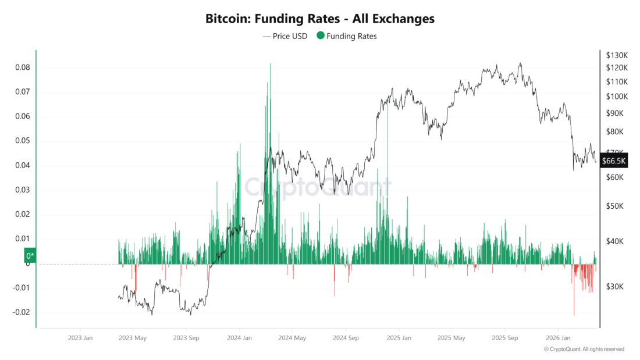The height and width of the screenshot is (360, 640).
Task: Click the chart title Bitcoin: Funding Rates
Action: pyautogui.click(x=319, y=19)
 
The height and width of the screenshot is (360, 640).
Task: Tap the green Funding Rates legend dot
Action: pyautogui.click(x=321, y=36)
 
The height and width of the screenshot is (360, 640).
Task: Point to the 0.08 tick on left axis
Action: pyautogui.click(x=23, y=67)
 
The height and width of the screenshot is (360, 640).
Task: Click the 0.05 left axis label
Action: pyautogui.click(x=23, y=141)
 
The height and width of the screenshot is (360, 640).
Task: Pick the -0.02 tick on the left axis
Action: pyautogui.click(x=21, y=312)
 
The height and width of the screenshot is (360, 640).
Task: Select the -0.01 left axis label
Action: pyautogui.click(x=21, y=288)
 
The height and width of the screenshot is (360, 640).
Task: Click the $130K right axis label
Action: pyautogui.click(x=617, y=55)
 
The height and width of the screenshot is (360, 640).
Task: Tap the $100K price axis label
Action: pyautogui.click(x=617, y=97)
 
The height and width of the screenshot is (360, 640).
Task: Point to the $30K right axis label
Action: pyautogui.click(x=615, y=287)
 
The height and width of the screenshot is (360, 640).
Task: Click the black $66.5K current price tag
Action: pyautogui.click(x=614, y=161)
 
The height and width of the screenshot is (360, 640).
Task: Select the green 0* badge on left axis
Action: pyautogui.click(x=30, y=255)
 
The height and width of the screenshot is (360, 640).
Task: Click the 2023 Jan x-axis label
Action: pyautogui.click(x=80, y=338)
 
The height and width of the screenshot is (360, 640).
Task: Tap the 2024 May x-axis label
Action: pyautogui.click(x=292, y=338)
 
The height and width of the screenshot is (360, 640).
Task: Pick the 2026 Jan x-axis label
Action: pyautogui.click(x=557, y=338)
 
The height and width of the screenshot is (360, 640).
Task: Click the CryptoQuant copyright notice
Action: pyautogui.click(x=584, y=349)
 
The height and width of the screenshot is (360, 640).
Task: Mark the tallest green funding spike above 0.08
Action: pyautogui.click(x=270, y=65)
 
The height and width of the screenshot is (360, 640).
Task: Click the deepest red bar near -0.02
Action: pyautogui.click(x=574, y=314)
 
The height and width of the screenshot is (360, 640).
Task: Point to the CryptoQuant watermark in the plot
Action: pyautogui.click(x=317, y=187)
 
